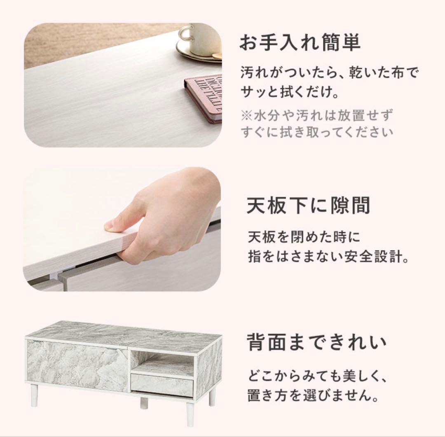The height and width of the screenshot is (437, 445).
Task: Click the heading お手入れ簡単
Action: click(x=300, y=43)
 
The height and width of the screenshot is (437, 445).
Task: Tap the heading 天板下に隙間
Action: click(x=308, y=206)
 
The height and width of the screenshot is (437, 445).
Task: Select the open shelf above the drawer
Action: click(x=162, y=363)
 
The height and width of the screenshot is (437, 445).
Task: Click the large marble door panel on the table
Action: click(x=77, y=365)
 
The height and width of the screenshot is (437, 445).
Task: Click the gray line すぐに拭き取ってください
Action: click(x=316, y=133)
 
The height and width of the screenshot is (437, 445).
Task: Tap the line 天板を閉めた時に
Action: click(x=304, y=237)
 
